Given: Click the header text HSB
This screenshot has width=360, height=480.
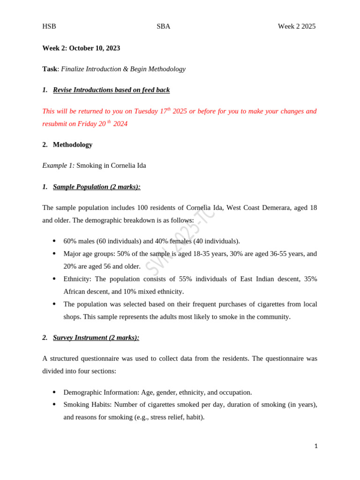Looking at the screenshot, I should coord(49,26).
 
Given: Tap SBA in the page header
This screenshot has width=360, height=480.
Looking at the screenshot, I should coord(163,26).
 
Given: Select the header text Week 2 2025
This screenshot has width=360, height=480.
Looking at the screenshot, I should coord(296,26).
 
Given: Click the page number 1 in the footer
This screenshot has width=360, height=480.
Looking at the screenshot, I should coord(316,446).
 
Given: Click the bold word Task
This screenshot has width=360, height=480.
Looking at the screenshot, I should coord(50,69).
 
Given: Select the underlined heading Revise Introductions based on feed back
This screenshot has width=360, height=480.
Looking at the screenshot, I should coord(111,90).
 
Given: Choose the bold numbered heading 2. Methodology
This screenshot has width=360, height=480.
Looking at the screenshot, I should coord(67,145).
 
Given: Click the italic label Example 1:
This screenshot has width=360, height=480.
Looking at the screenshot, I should coord(58,165).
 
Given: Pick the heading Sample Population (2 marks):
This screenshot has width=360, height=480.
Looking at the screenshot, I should coord(97,187).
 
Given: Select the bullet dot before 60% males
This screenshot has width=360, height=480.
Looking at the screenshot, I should coord(54,241).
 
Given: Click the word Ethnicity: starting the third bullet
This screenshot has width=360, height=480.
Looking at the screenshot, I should coord(78,279).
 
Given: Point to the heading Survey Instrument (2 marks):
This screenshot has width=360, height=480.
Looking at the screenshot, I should coord(96,337).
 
